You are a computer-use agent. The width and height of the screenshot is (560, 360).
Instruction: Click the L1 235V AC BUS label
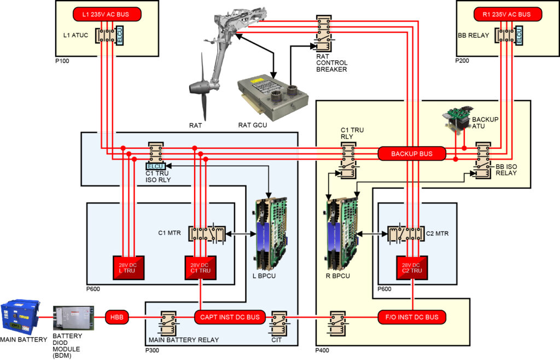[107, 14]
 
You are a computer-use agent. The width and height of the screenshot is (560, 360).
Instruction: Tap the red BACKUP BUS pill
[411, 154]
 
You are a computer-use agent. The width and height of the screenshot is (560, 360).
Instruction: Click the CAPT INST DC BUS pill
[230, 317]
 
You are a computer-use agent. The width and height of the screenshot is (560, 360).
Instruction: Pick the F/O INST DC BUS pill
[412, 317]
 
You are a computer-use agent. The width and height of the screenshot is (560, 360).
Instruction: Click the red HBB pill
[115, 317]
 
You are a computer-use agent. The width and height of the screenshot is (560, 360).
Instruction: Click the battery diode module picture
[70, 318]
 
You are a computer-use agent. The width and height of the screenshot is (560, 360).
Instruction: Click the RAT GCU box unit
[272, 97]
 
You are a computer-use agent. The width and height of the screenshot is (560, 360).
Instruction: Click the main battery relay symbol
[168, 322]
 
